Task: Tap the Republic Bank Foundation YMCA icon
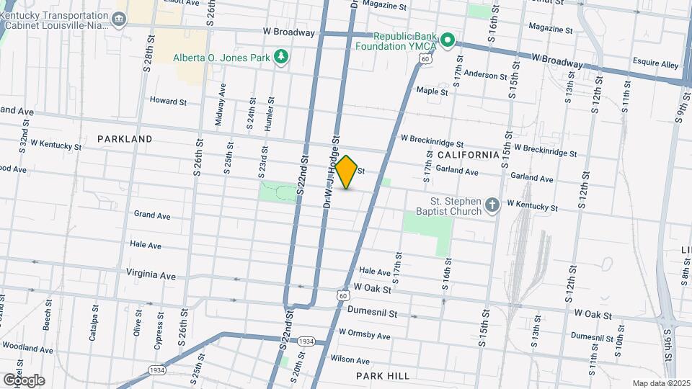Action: [x=447, y=40]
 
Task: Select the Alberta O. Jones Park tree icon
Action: [x=282, y=57]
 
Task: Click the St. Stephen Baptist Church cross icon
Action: [x=492, y=206]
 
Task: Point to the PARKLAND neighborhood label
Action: [x=125, y=138]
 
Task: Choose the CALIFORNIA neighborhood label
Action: [x=468, y=155]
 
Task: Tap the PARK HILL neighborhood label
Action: [x=382, y=376]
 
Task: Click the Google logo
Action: [x=24, y=380]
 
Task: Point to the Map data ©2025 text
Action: [x=661, y=383]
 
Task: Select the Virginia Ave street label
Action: [x=151, y=275]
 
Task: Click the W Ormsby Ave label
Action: [x=364, y=336]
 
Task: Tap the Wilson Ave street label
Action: [x=350, y=359]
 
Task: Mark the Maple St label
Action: [x=432, y=91]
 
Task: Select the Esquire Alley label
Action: [x=655, y=64]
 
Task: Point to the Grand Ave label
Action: [x=151, y=215]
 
